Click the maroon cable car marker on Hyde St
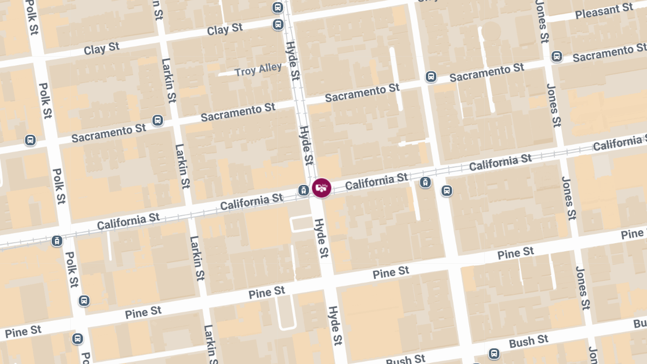coord(321,188)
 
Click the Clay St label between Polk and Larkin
coord(101,49)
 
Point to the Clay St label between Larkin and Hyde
coord(225,29)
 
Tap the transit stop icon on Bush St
coord(493,354)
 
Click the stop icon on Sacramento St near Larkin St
coord(157,120)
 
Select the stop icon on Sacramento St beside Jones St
coord(557,56)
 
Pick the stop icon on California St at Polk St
coord(57,241)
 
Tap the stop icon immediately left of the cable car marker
coord(304,190)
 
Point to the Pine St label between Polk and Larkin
coord(143,312)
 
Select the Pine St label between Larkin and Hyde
coord(266,293)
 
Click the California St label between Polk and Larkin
coord(128,221)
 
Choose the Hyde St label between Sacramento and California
coord(306,145)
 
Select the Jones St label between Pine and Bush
coord(582,289)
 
